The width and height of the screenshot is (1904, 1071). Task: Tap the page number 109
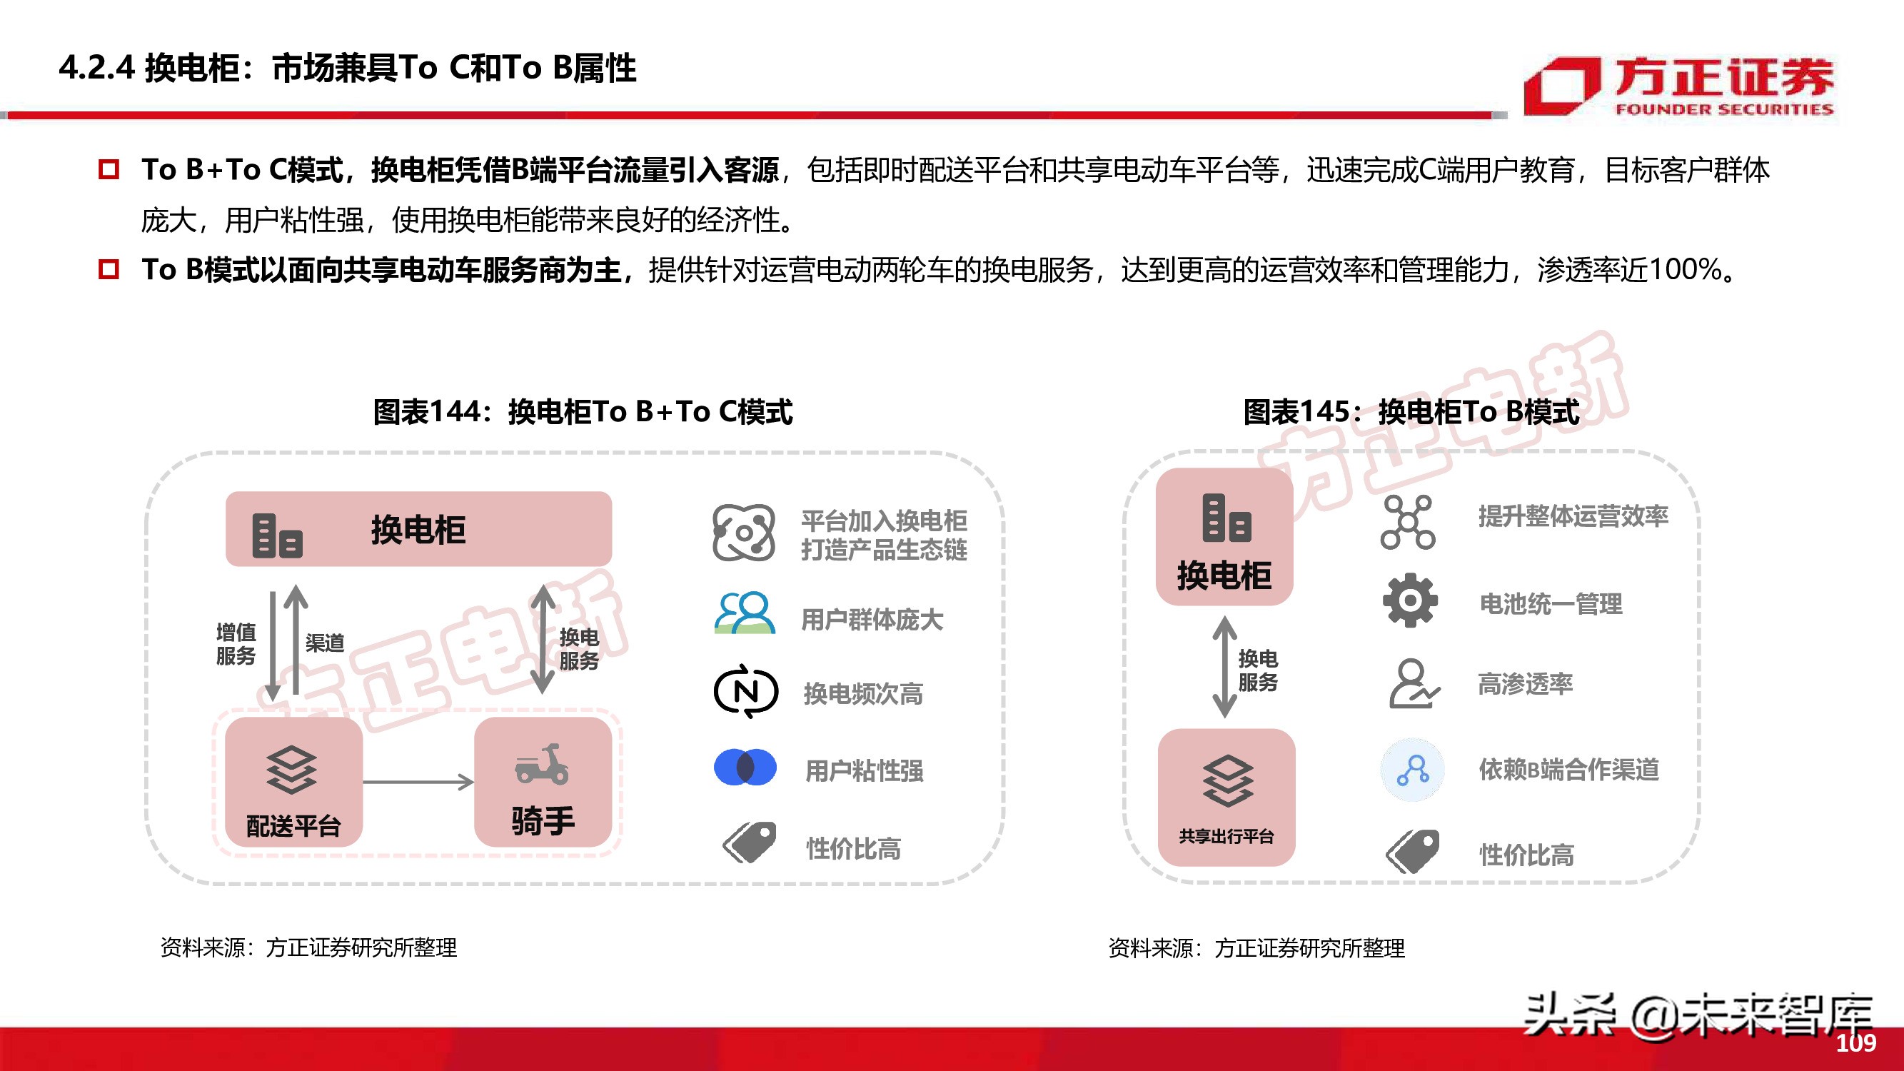(1855, 1043)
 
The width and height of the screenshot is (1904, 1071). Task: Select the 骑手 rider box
(543, 782)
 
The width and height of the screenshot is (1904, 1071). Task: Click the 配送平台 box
(293, 782)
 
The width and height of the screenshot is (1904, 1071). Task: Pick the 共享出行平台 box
(1226, 797)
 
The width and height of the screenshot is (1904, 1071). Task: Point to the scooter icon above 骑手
(542, 764)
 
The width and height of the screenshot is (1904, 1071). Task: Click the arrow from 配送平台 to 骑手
(418, 782)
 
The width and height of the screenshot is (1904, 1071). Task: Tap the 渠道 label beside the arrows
(326, 643)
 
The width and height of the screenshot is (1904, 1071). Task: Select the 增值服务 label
(236, 644)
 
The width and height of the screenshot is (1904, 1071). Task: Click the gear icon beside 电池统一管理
(1409, 600)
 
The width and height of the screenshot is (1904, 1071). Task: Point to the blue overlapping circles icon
(745, 768)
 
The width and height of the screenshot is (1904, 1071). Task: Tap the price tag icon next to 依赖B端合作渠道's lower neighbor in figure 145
(1413, 852)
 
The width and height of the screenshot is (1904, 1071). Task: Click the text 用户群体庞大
(872, 619)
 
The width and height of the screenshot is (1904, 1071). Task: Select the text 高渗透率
(1525, 684)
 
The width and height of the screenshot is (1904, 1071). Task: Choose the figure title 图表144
(583, 412)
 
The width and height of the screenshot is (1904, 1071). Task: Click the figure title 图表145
(1411, 412)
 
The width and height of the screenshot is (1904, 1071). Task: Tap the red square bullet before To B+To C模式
(109, 169)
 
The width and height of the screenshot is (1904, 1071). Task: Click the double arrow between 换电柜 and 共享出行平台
(1225, 667)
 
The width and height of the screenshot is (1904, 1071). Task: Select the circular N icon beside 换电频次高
(745, 692)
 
